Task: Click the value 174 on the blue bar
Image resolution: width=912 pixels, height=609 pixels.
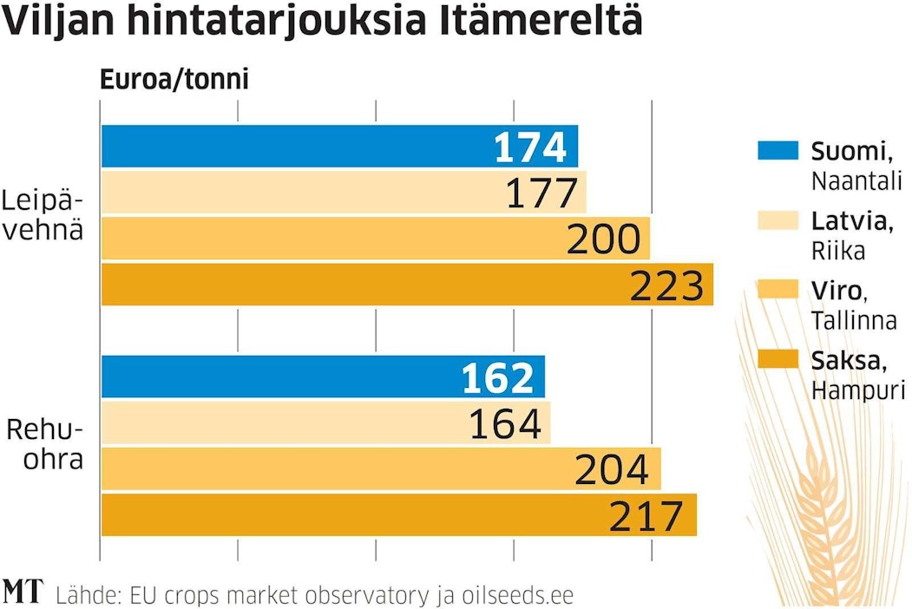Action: (x=529, y=147)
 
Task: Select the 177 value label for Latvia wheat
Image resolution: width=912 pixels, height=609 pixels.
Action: (x=541, y=193)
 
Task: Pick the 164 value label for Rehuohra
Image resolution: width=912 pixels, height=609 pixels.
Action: (x=504, y=423)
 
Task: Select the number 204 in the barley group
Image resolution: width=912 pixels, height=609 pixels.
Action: (x=612, y=469)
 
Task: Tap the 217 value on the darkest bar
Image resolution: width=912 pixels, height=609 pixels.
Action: (x=646, y=515)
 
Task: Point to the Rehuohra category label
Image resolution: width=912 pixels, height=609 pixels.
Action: (x=45, y=444)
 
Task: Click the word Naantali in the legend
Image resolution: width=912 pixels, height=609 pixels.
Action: (x=856, y=180)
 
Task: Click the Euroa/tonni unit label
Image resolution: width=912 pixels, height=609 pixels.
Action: (x=174, y=80)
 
